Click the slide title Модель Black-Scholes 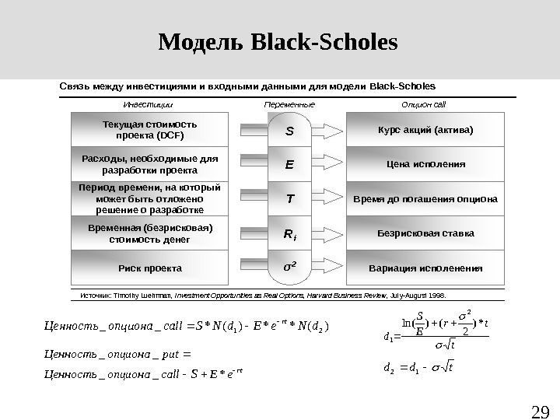(x=278, y=41)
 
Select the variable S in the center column (x=289, y=131)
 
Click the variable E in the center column (x=289, y=165)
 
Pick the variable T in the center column (x=289, y=198)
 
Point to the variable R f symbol (x=290, y=233)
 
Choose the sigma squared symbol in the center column (x=289, y=267)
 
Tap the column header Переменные (x=289, y=104)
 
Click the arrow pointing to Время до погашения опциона (x=328, y=199)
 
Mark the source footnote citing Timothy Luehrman (x=269, y=296)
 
